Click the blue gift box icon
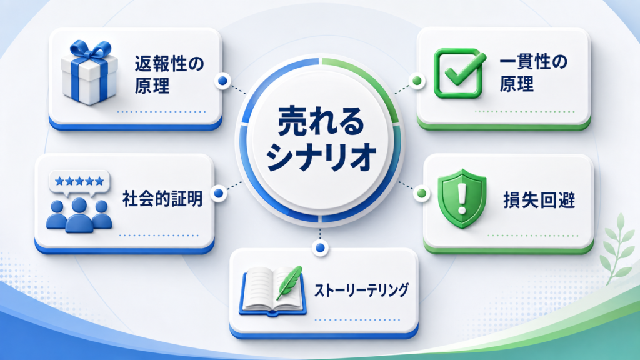(89, 72)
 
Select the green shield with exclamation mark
(462, 198)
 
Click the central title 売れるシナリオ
(321, 139)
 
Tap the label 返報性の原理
(169, 75)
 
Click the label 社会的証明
(162, 199)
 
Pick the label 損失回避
(539, 200)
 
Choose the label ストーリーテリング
(361, 290)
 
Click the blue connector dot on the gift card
(222, 81)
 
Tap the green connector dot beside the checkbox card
(417, 81)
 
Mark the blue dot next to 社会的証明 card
(219, 193)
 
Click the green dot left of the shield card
(422, 193)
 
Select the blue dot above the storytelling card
(321, 247)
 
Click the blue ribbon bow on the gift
(91, 51)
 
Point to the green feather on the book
(289, 282)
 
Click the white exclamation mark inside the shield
(462, 198)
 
